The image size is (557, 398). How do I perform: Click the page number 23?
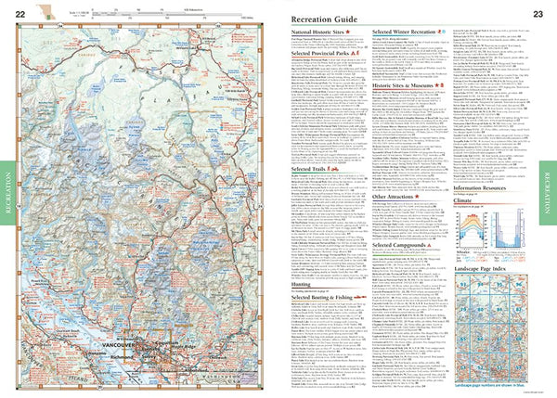pos(538,14)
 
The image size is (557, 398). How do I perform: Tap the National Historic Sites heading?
pos(318,31)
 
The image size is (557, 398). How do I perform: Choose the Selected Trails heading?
pos(311,170)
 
